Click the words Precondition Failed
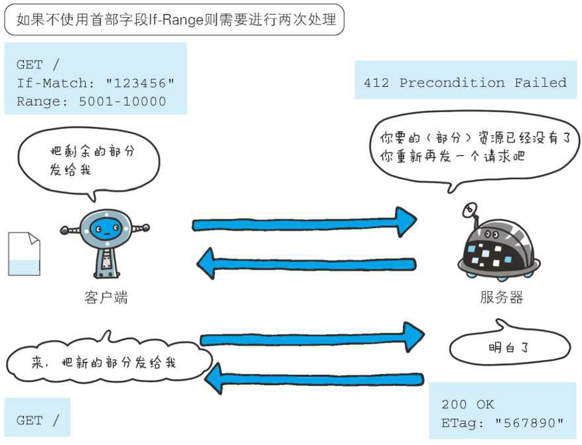pyautogui.click(x=483, y=83)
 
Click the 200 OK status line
pyautogui.click(x=467, y=404)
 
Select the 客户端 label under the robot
pyautogui.click(x=106, y=298)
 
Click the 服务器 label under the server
pyautogui.click(x=501, y=298)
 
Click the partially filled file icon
pyautogui.click(x=24, y=254)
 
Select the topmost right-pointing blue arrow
pyautogui.click(x=303, y=222)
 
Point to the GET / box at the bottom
pyautogui.click(x=37, y=421)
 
